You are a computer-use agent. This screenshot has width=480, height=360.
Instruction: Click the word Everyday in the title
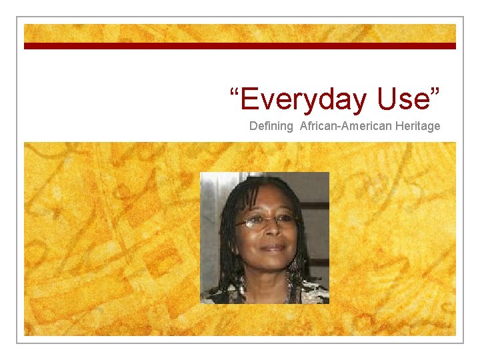303,99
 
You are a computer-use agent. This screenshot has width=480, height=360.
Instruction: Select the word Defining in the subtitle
271,126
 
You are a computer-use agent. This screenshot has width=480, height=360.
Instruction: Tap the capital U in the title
387,99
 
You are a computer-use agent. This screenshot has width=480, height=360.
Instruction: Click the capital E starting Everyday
249,99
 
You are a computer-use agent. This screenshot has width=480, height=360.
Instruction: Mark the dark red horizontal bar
240,46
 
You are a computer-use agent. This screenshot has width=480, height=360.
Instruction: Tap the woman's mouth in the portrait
272,248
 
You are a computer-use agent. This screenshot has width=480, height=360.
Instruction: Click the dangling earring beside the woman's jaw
294,265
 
